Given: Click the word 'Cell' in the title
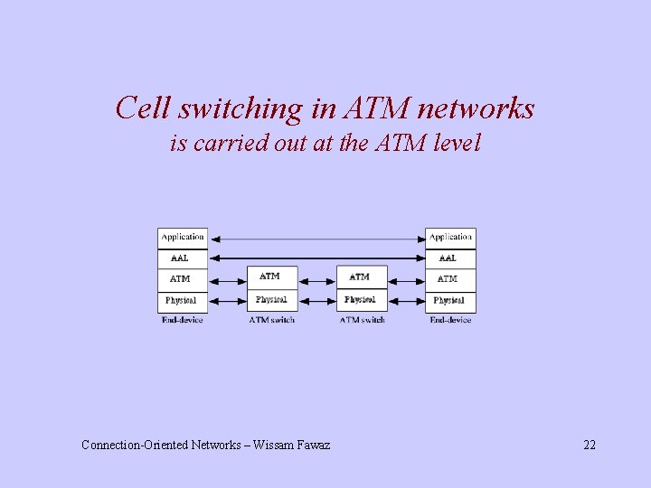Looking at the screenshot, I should point(144,109).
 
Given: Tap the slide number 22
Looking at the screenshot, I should point(589,445).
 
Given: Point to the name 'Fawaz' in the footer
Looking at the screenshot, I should point(311,445).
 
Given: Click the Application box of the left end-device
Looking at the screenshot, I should point(183,238).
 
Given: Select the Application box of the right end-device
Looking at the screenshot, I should point(450,238).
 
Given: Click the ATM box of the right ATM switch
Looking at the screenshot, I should point(361,277).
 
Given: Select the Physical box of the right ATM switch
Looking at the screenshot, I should point(361,300).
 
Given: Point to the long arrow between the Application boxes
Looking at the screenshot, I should point(316,239).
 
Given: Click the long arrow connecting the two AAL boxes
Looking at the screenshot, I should point(316,258).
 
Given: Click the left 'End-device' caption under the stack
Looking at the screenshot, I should point(183,320).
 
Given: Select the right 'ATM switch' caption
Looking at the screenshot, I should point(362,320).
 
